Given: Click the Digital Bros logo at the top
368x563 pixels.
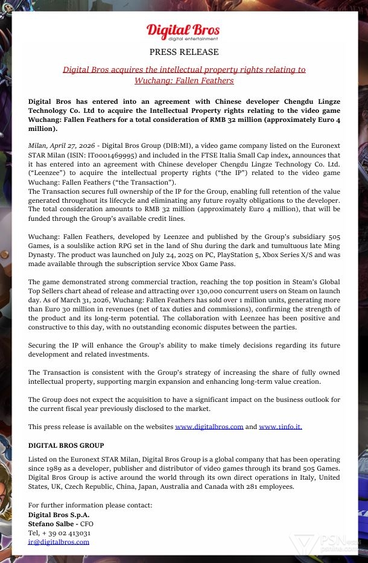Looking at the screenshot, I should [183, 32].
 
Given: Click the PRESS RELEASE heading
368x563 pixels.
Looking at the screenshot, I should [184, 52].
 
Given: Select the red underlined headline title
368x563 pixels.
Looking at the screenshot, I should [184, 75].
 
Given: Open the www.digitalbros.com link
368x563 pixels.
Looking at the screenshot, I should [209, 427].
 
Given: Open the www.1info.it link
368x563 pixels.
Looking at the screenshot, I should [281, 427].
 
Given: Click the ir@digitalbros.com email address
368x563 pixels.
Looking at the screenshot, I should [59, 542].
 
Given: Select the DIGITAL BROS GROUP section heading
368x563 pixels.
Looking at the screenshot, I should [66, 445].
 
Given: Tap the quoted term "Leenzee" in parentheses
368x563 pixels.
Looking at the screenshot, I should [46, 173].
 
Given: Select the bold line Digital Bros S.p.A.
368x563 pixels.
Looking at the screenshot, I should [59, 515].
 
